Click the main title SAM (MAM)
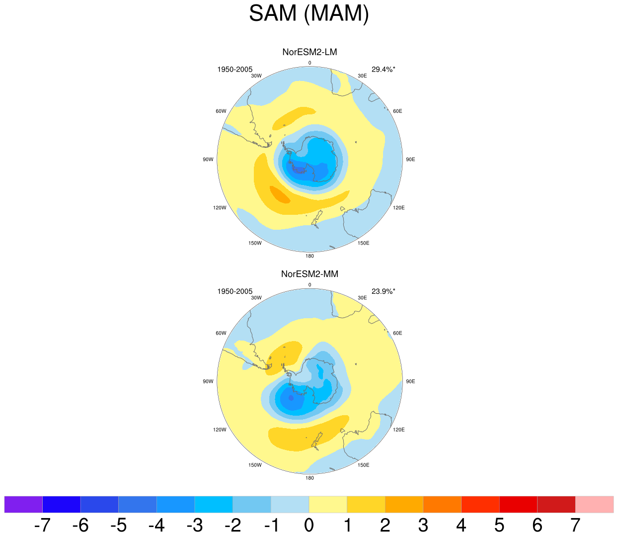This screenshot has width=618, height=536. pyautogui.click(x=309, y=13)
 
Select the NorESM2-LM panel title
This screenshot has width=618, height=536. pyautogui.click(x=309, y=52)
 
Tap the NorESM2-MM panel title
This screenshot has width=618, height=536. pyautogui.click(x=309, y=274)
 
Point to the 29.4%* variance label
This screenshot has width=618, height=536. pyautogui.click(x=384, y=70)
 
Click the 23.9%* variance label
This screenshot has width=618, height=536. pyautogui.click(x=384, y=291)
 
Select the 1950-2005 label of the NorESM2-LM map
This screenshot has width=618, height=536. pyautogui.click(x=234, y=70)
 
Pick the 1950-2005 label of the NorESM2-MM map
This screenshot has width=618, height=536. pyautogui.click(x=234, y=291)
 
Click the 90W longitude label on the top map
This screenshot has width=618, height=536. pyautogui.click(x=208, y=160)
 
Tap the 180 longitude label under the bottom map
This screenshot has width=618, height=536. pyautogui.click(x=309, y=478)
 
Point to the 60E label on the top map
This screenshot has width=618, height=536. pyautogui.click(x=397, y=111)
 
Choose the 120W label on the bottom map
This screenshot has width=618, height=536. pyautogui.click(x=220, y=430)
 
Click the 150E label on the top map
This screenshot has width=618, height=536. pyautogui.click(x=363, y=243)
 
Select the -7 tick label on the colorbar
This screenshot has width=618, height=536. pyautogui.click(x=42, y=525)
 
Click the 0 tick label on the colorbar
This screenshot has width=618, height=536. pyautogui.click(x=309, y=525)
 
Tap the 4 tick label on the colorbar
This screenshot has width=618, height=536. pyautogui.click(x=461, y=525)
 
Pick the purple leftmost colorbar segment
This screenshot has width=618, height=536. pyautogui.click(x=23, y=504)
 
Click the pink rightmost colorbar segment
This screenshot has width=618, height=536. pyautogui.click(x=594, y=504)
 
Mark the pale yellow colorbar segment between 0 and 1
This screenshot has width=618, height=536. pyautogui.click(x=328, y=504)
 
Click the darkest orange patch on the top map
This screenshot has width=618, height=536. pyautogui.click(x=280, y=194)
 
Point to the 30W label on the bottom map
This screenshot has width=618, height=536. pyautogui.click(x=256, y=298)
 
